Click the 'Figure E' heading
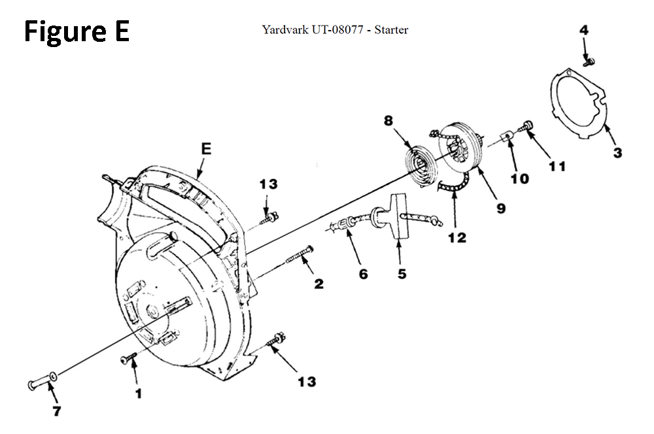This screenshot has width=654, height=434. coord(77,31)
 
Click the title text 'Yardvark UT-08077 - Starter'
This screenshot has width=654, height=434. coord(335,29)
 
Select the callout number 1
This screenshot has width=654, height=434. coord(138,393)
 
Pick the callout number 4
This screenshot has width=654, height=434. coord(584,29)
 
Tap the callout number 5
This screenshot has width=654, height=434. coord(402,274)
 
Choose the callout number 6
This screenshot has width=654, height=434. coord(363,275)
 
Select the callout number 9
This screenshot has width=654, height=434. coord(500,208)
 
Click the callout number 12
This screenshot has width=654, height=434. coord(457,237)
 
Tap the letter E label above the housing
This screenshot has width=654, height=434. coord(207,149)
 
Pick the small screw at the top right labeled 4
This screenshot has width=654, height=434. coord(589,61)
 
